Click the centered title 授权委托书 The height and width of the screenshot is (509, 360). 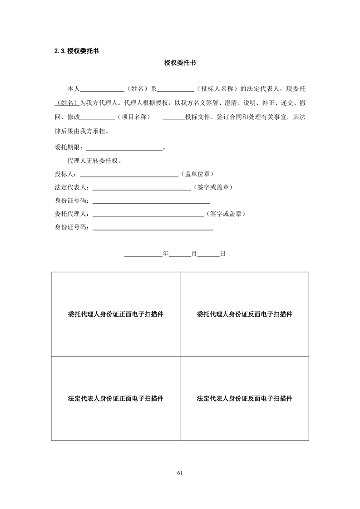(180, 64)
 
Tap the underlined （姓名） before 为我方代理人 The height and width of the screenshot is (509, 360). (67, 103)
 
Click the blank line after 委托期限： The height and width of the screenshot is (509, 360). (124, 148)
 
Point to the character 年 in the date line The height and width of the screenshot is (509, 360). (166, 254)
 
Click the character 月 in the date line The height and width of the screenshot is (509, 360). (194, 254)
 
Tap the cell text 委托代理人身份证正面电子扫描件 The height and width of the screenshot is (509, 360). (115, 314)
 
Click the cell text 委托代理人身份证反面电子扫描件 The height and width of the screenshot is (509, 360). (244, 314)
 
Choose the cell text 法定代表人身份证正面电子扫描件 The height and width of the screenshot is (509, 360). (115, 399)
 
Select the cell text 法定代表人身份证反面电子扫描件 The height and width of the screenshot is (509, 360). (244, 399)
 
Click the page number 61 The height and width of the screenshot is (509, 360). (180, 473)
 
